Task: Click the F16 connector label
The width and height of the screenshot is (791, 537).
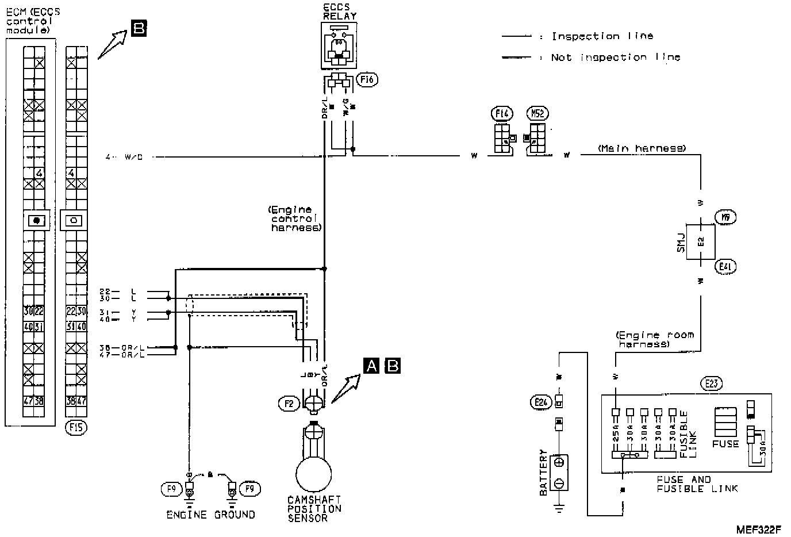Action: [x=367, y=80]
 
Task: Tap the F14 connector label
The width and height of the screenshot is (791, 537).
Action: [x=503, y=113]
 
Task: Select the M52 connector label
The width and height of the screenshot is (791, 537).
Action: [x=537, y=113]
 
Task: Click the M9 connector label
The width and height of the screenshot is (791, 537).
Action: [x=725, y=217]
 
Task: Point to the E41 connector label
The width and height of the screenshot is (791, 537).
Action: [x=725, y=266]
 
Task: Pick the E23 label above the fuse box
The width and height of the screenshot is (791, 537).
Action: [x=712, y=383]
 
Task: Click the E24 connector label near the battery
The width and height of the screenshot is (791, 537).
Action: [x=540, y=402]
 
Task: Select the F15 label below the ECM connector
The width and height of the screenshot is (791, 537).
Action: [x=76, y=427]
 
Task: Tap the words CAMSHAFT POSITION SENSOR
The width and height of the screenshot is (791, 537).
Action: [x=314, y=509]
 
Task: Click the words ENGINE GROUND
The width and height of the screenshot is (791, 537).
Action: [x=210, y=515]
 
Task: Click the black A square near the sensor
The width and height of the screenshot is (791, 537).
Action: [x=372, y=365]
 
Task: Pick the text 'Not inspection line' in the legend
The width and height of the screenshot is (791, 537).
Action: [x=615, y=57]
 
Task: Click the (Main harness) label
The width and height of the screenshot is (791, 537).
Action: [x=642, y=148]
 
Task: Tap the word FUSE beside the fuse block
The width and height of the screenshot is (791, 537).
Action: [x=725, y=444]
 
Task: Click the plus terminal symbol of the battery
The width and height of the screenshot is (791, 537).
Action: [x=559, y=462]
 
